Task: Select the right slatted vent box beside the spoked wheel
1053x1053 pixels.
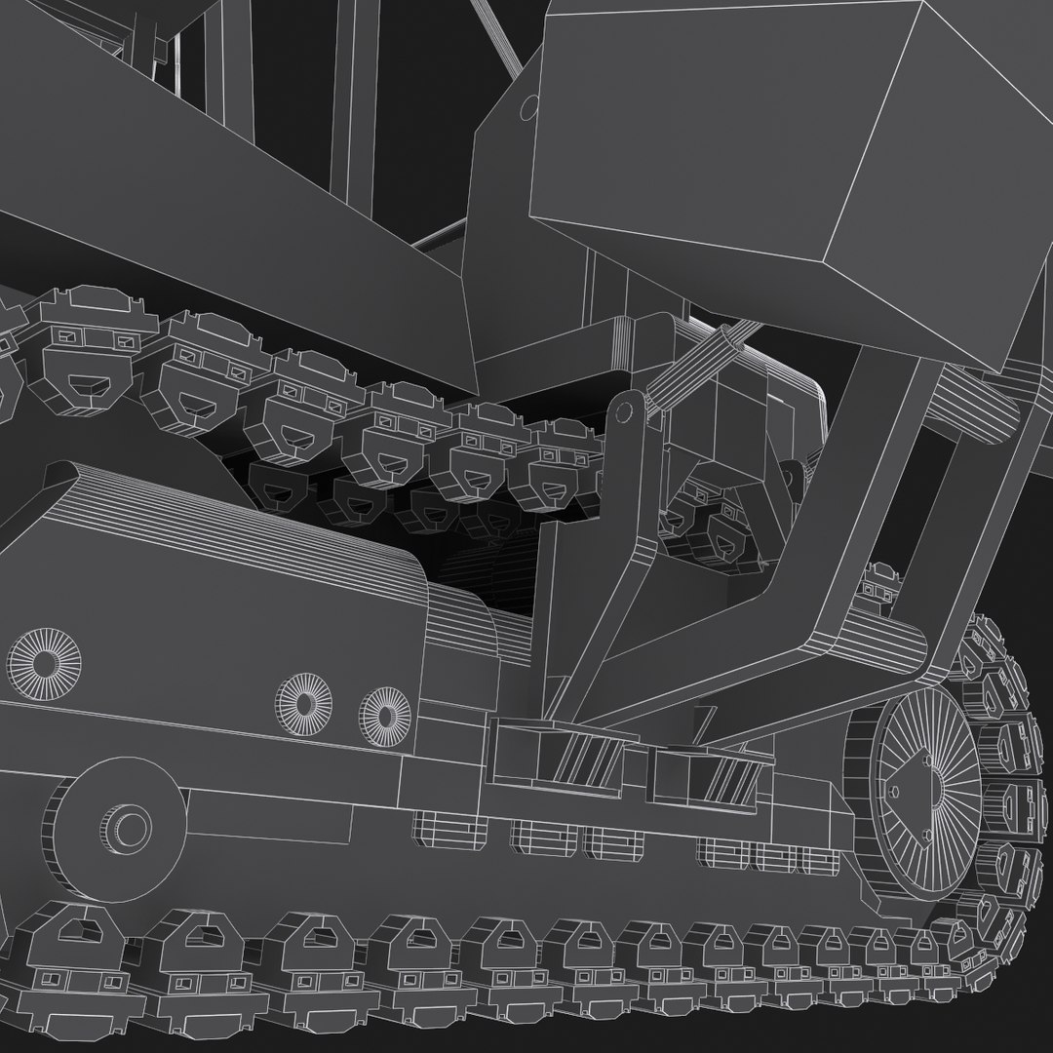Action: [x=717, y=775]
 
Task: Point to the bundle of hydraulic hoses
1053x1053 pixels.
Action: [x=697, y=366]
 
